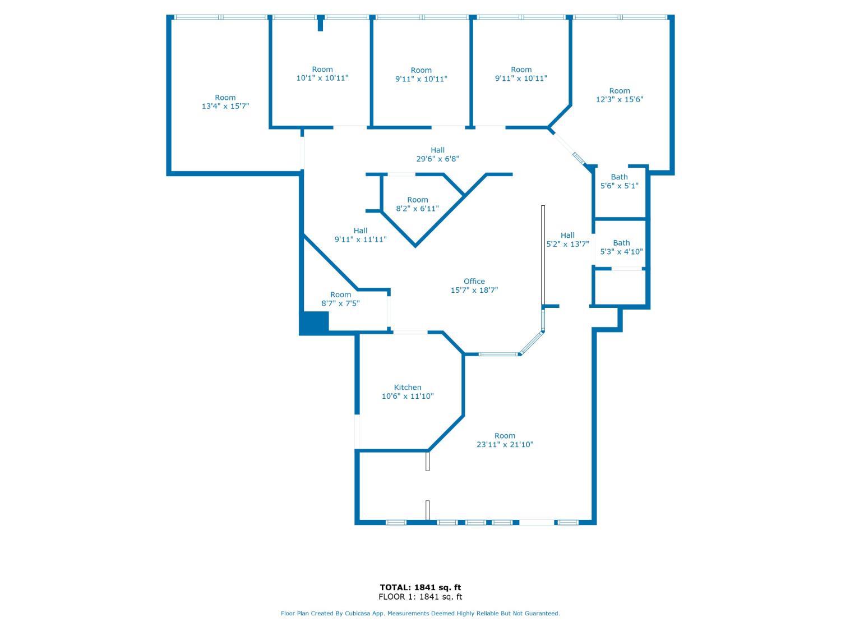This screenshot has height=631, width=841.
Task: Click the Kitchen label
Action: click(407, 388)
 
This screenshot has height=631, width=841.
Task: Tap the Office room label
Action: click(474, 281)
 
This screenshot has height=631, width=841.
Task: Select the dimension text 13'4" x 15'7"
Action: click(225, 106)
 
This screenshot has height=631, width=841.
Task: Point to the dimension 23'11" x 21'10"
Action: click(505, 444)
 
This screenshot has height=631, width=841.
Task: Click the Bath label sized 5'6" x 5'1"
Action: click(619, 177)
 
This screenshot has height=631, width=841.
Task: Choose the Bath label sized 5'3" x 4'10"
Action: click(621, 243)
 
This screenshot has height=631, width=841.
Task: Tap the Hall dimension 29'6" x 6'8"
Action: click(437, 159)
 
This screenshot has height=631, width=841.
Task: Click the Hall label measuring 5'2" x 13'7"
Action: click(567, 235)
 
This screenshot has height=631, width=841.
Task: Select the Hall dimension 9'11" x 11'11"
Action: click(361, 239)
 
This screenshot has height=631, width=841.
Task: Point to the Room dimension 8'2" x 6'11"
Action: click(417, 209)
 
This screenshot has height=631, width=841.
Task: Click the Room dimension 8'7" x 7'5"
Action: click(340, 303)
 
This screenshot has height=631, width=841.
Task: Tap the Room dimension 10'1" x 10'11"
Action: click(322, 78)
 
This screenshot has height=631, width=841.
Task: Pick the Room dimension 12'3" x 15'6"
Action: click(620, 99)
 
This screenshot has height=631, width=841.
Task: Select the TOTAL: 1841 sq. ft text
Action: click(420, 587)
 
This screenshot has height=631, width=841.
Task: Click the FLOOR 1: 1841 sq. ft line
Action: click(420, 597)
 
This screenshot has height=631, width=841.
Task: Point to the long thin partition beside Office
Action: click(543, 255)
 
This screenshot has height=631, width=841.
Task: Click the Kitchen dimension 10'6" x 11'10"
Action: click(407, 396)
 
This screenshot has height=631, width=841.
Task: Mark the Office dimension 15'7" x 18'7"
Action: click(474, 290)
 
